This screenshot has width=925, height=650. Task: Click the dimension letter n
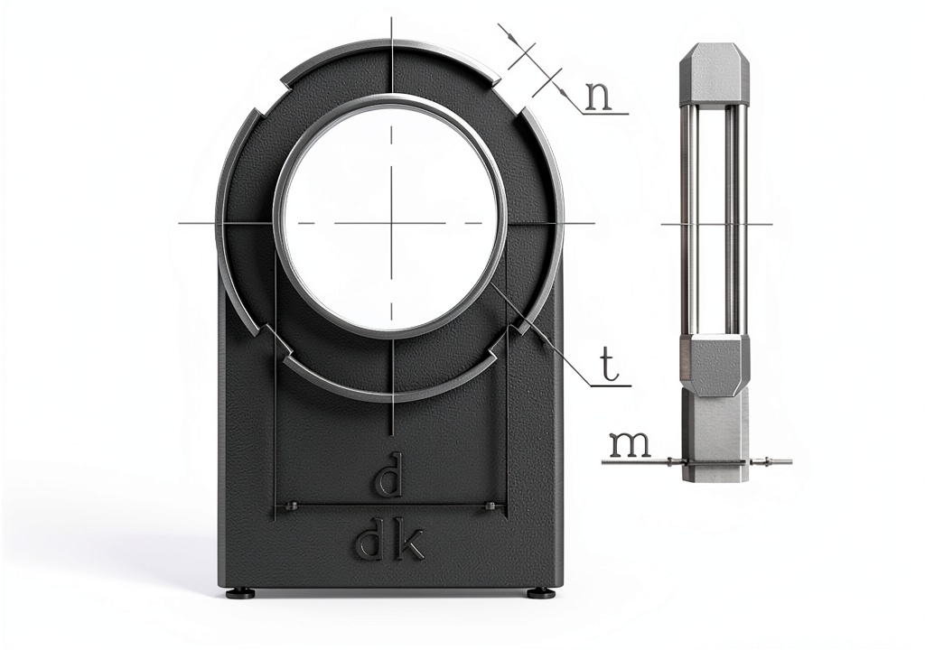tap(598, 97)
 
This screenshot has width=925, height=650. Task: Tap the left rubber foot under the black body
tap(239, 592)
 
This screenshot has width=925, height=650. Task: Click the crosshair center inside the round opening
tap(391, 224)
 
